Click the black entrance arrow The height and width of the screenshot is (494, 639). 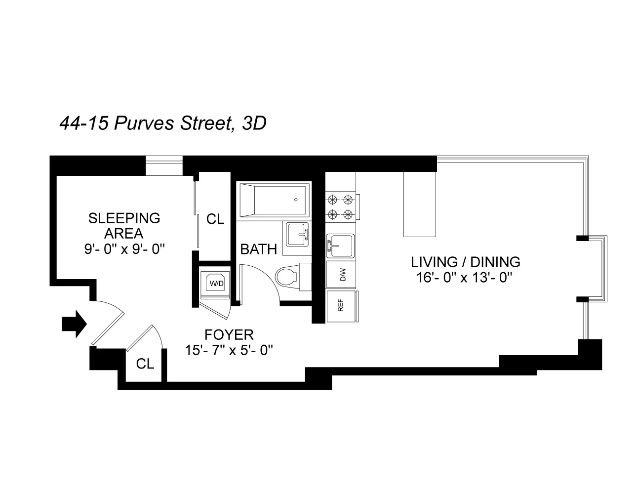click(x=74, y=324)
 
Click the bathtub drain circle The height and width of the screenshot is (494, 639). click(x=296, y=200)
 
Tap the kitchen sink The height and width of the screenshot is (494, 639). click(x=340, y=245)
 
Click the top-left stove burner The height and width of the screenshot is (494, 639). click(x=332, y=200)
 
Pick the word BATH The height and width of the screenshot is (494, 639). click(x=258, y=249)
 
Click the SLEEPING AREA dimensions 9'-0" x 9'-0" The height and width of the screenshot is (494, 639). click(x=124, y=249)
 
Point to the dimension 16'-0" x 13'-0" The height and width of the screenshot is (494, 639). click(x=463, y=278)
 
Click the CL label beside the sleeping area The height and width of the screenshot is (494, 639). click(x=215, y=219)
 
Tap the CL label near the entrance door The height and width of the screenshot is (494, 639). click(x=145, y=364)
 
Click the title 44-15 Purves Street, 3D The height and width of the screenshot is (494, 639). click(x=163, y=123)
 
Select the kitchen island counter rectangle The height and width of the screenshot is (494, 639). click(x=420, y=204)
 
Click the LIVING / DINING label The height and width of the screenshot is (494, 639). click(x=466, y=262)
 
